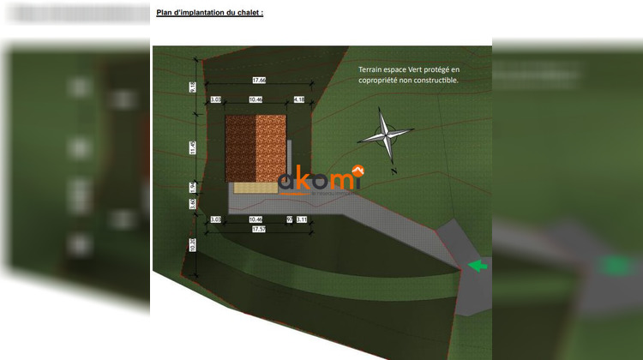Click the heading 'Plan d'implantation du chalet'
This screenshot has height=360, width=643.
[209, 13]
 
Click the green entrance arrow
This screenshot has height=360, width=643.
[478, 266]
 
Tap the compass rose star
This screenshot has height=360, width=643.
[386, 135]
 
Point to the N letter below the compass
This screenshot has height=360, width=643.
[393, 171]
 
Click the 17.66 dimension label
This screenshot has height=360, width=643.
[258, 80]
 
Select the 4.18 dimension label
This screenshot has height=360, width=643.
[299, 100]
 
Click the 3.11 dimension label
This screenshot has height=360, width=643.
[302, 219]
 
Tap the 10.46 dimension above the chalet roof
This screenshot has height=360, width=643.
[255, 100]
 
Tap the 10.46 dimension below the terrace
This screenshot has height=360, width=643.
[255, 219]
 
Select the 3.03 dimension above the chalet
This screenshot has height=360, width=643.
[216, 100]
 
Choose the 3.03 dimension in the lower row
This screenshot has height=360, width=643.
[216, 219]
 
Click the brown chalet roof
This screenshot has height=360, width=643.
[255, 148]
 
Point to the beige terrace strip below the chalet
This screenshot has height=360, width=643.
[254, 188]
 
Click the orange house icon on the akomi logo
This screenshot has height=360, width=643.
[359, 169]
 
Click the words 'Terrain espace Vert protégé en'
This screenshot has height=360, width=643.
[409, 69]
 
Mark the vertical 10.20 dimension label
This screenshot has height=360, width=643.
[194, 245]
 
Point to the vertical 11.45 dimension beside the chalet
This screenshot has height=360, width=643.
[194, 147]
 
